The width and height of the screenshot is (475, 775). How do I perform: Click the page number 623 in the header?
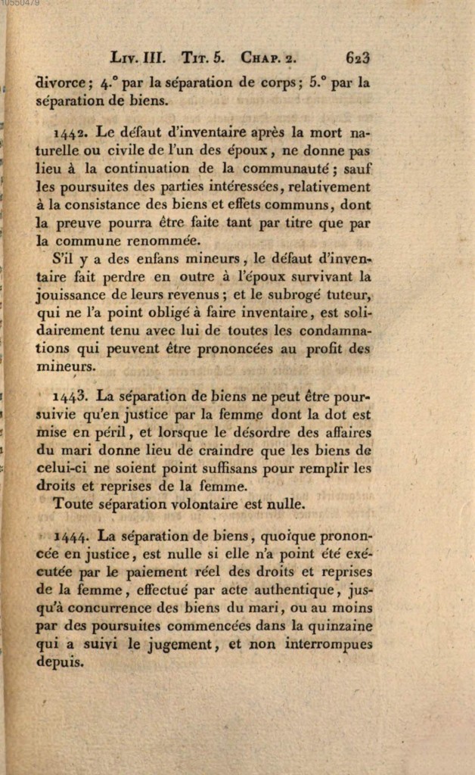tap(357, 58)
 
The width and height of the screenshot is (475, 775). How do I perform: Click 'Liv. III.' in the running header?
tap(138, 58)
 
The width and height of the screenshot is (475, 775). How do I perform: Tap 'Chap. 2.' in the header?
tap(271, 58)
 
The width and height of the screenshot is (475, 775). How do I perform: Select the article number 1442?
tap(70, 132)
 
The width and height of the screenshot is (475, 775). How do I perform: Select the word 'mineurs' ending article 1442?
tap(65, 366)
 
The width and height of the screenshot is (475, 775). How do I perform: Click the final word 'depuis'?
tap(60, 661)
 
